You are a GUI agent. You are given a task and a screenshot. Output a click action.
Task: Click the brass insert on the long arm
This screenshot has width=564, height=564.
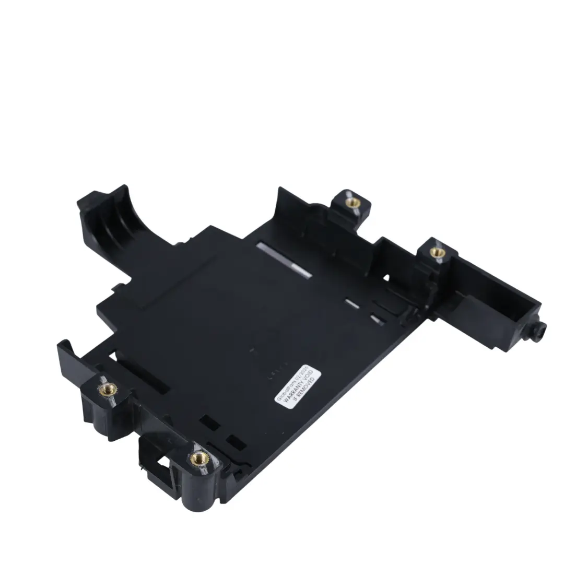(437, 252)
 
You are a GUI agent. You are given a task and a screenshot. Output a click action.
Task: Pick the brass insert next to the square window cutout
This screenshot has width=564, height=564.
(198, 458)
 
